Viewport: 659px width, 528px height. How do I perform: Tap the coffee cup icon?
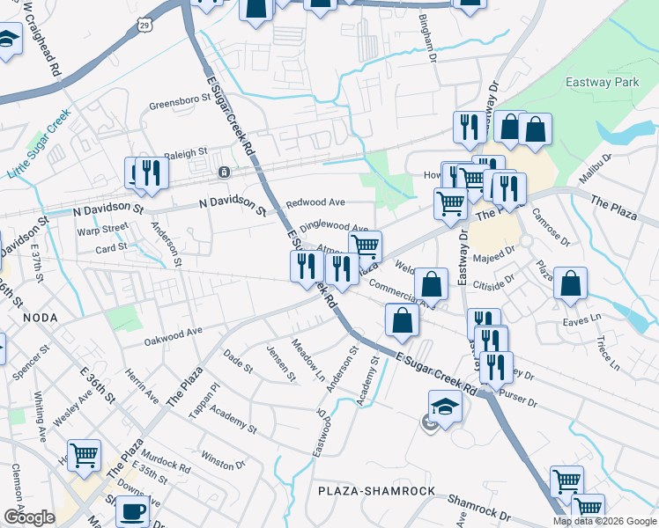(132, 510)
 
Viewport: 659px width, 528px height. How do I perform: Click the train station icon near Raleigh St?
(225, 172)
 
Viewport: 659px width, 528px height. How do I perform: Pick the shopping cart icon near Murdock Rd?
(84, 455)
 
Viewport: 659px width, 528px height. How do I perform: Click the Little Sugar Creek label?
(38, 143)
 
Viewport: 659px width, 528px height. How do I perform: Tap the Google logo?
(28, 517)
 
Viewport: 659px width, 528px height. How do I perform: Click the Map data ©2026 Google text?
(603, 521)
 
